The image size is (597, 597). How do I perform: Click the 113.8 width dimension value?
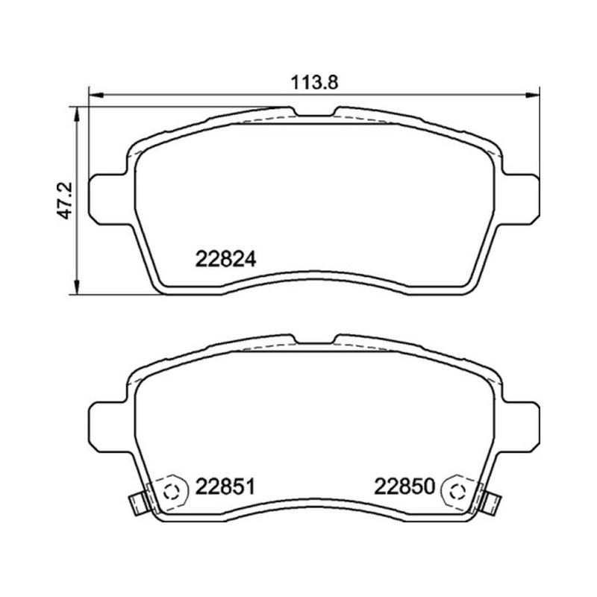(314, 83)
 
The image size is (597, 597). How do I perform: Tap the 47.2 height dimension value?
(64, 201)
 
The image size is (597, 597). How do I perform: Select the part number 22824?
(226, 260)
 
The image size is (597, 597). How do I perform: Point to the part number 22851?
(225, 487)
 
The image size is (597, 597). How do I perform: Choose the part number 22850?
(404, 487)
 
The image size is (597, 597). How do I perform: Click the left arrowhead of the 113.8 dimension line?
(96, 95)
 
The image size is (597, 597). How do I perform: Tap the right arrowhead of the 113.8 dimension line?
(532, 95)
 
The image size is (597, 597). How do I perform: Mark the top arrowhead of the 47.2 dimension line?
(77, 114)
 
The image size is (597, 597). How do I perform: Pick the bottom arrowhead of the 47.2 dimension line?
(77, 287)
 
